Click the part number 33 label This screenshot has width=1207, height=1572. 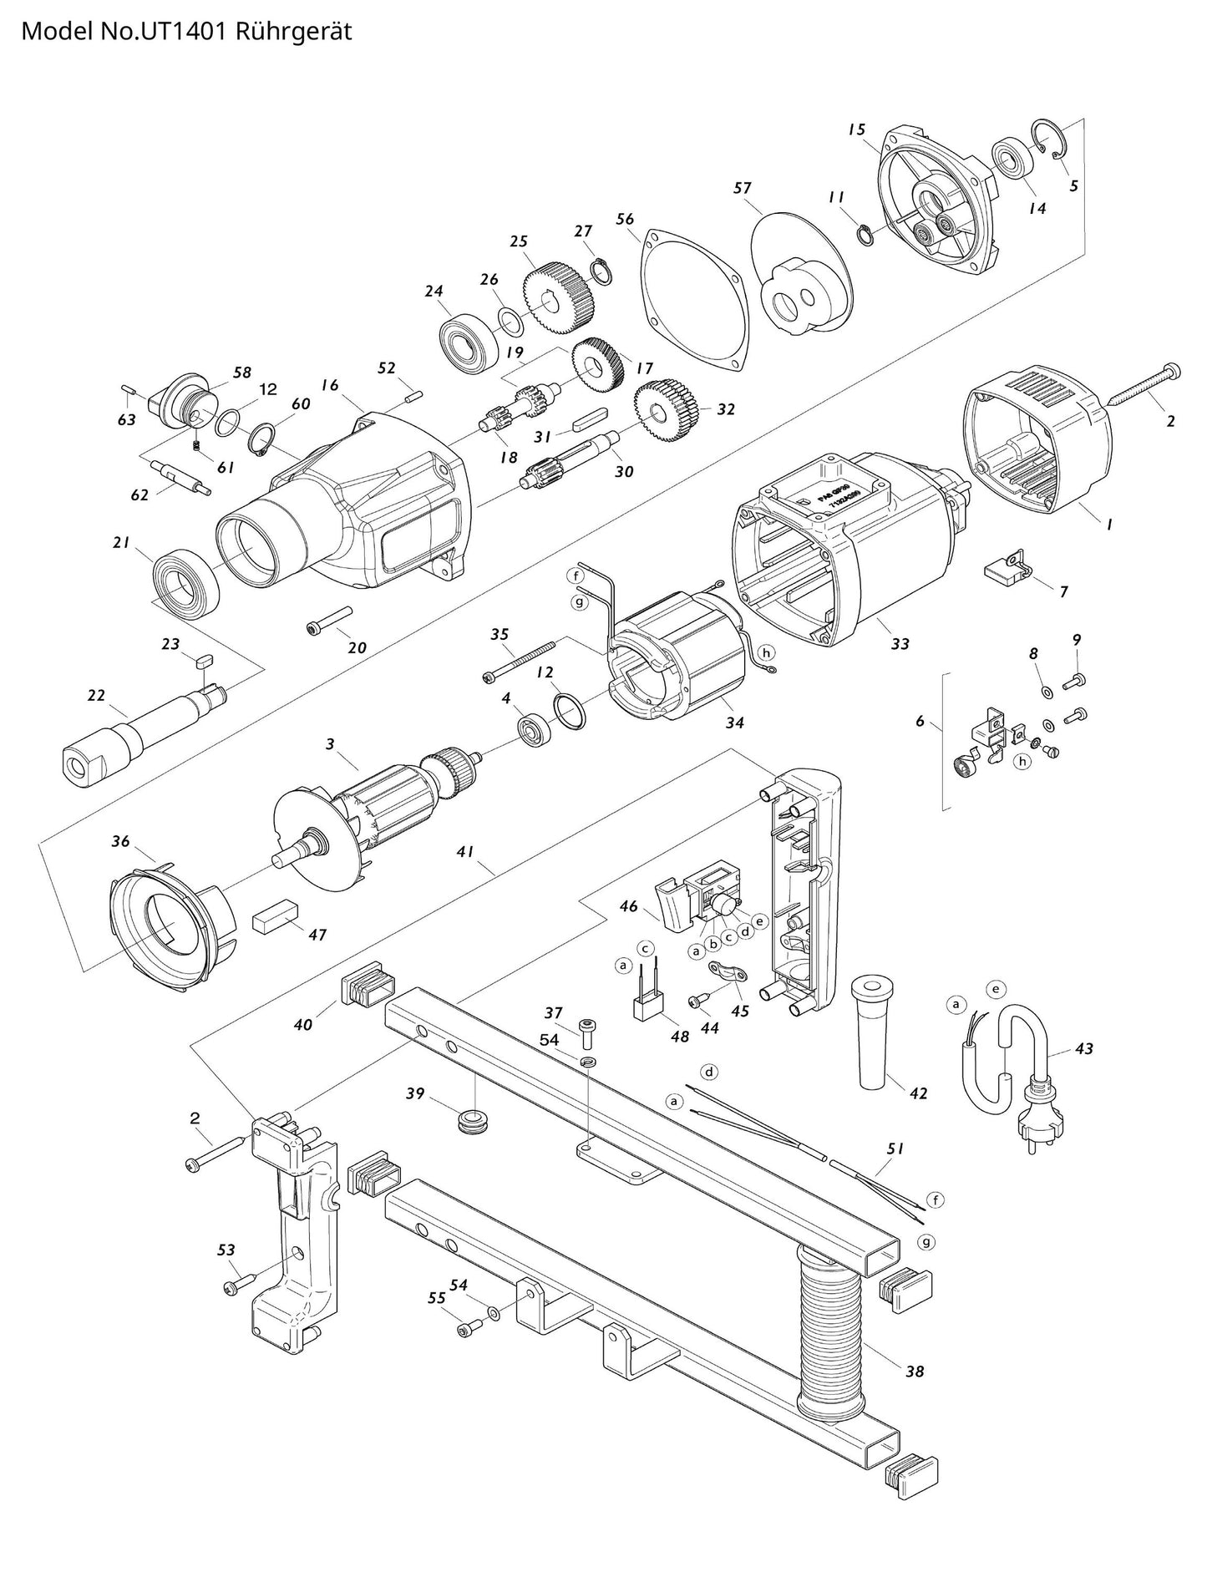[x=900, y=644]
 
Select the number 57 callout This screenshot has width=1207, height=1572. [x=743, y=188]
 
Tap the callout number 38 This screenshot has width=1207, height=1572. [x=915, y=1371]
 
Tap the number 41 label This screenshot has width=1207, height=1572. [x=465, y=852]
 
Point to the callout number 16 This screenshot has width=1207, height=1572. [x=330, y=385]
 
